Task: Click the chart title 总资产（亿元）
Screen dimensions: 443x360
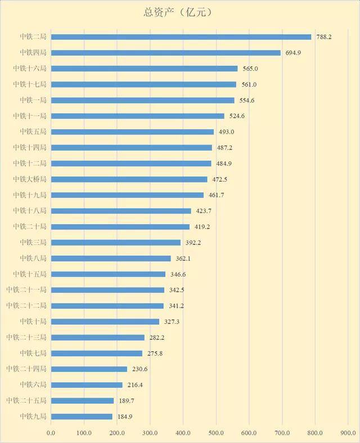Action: click(x=180, y=11)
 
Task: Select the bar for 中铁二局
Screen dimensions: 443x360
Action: click(x=181, y=37)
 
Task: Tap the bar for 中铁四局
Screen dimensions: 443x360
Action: click(x=165, y=53)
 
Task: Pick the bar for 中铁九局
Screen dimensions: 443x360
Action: click(x=82, y=417)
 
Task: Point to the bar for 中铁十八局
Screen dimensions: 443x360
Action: click(x=121, y=211)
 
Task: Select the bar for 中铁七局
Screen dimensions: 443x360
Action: click(x=96, y=353)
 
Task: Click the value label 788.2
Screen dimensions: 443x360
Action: click(x=323, y=37)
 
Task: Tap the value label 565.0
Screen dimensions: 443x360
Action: click(x=249, y=69)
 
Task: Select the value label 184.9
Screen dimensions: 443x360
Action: click(x=124, y=417)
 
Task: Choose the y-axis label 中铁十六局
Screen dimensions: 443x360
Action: click(x=29, y=69)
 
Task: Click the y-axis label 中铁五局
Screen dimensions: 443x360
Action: click(x=33, y=132)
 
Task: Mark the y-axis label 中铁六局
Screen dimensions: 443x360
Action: click(x=33, y=385)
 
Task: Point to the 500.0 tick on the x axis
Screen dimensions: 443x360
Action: click(x=216, y=433)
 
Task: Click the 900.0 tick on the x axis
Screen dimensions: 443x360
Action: click(x=348, y=433)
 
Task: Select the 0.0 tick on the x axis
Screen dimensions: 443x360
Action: click(x=51, y=433)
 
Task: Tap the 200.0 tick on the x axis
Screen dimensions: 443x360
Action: click(x=117, y=433)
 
